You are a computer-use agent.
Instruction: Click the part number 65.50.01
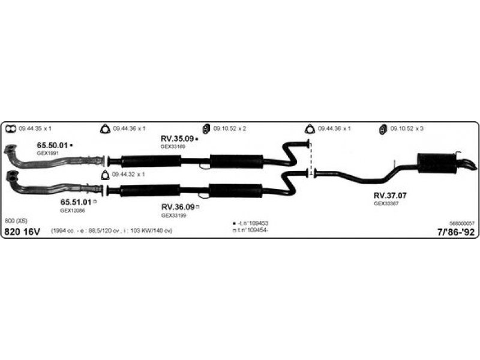[52, 146]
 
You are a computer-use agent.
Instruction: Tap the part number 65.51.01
[75, 202]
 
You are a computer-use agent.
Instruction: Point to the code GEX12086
[71, 211]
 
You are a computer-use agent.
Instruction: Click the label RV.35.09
[176, 139]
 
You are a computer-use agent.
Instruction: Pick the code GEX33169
[173, 146]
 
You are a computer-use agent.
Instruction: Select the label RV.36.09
[178, 207]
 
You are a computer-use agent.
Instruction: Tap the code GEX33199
[173, 215]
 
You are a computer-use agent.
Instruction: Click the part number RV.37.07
[390, 196]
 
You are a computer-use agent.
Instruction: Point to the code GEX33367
[386, 203]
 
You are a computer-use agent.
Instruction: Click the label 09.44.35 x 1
[35, 129]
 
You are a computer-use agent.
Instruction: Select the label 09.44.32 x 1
[128, 175]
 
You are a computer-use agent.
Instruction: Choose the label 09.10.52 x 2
[230, 129]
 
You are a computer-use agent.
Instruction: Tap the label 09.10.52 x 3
[407, 129]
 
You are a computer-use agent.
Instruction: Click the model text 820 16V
[22, 232]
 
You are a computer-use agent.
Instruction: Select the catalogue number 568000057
[461, 223]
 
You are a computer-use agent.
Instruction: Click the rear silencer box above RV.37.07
[436, 163]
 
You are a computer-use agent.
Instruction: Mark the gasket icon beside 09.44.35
[10, 129]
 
